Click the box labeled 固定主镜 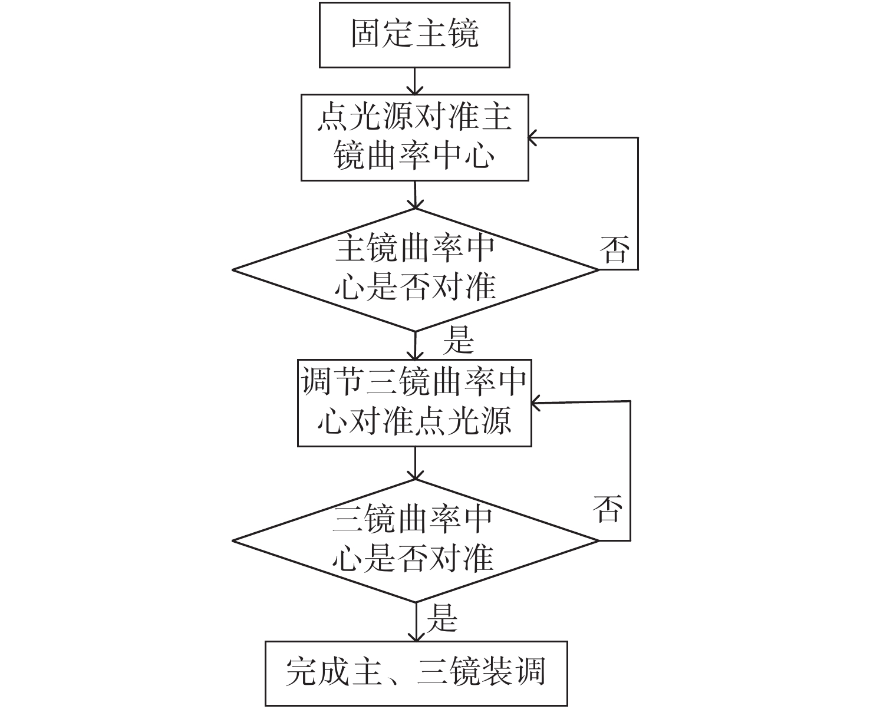[x=414, y=34]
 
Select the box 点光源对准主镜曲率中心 [x=414, y=137]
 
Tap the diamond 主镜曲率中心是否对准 [x=415, y=269]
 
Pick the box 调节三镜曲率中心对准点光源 [x=414, y=403]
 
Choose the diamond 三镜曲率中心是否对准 [x=415, y=540]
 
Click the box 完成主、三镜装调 [x=416, y=673]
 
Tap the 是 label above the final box [x=442, y=618]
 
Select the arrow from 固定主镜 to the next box [x=415, y=81]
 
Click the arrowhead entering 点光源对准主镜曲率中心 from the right [x=533, y=138]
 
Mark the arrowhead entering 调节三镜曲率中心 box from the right [x=536, y=403]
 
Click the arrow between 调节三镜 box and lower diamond [x=415, y=463]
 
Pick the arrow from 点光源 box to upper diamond [x=415, y=194]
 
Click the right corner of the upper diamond [x=597, y=270]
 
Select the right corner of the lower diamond [x=597, y=540]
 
